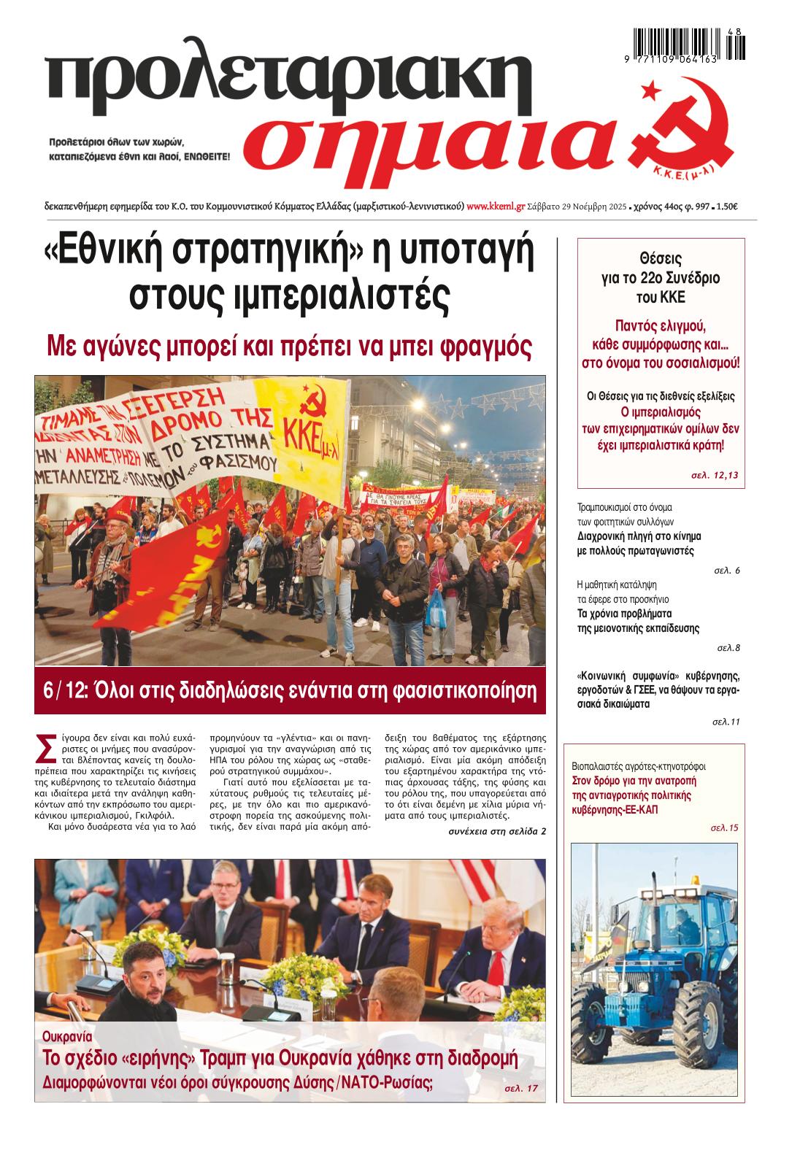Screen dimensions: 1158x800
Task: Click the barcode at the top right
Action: tap(690, 45)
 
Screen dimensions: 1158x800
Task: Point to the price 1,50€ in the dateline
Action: tap(726, 206)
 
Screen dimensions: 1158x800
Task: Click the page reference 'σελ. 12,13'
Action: tap(715, 475)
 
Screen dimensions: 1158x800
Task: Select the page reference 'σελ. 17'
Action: tap(521, 1087)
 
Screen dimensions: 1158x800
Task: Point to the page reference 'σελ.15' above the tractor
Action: tap(724, 827)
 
